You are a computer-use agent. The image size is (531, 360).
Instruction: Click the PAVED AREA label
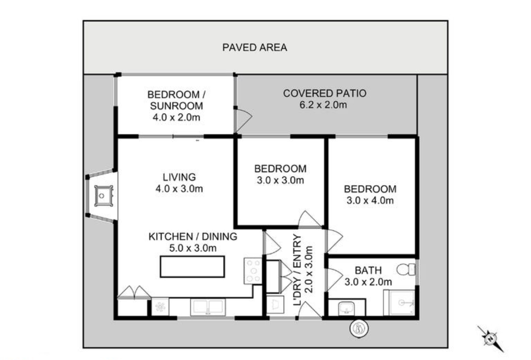[255, 47]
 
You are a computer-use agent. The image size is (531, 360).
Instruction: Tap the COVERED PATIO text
[325, 93]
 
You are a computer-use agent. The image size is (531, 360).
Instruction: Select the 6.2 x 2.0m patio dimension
[323, 105]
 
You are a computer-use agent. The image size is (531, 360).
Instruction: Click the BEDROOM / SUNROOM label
[177, 100]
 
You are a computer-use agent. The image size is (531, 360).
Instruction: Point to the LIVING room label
[179, 177]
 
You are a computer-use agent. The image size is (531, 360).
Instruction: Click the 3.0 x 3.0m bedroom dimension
[280, 180]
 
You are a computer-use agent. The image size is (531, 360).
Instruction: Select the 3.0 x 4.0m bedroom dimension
[370, 201]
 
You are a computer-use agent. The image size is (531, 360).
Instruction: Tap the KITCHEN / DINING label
[193, 237]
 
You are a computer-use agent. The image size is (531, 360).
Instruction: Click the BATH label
[368, 270]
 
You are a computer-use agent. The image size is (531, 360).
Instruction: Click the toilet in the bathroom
[406, 270]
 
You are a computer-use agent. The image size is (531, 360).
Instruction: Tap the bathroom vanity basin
[346, 308]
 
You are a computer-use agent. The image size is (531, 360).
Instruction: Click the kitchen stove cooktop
[253, 271]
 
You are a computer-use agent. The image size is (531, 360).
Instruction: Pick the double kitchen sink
[207, 307]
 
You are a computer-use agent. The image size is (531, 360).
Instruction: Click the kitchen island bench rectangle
[192, 266]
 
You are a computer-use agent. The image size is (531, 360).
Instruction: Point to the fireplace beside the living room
[102, 196]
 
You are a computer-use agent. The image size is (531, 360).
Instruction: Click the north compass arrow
[490, 339]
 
